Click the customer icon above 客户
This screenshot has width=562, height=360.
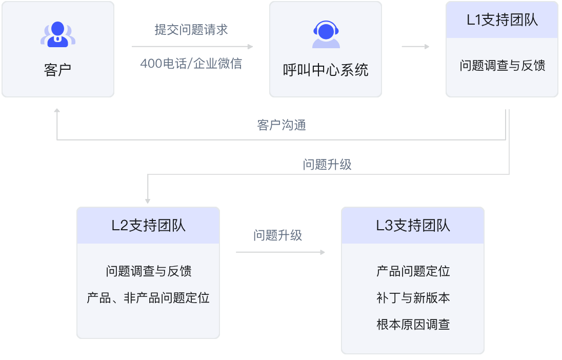57,34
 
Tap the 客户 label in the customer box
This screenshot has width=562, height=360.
57,69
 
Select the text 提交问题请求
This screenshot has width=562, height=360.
191,30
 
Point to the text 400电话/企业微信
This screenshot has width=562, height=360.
191,64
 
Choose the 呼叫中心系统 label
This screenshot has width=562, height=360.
326,69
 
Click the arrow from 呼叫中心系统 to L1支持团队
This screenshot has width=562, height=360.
415,47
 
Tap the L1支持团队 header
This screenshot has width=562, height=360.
502,21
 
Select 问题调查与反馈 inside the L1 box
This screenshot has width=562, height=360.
502,66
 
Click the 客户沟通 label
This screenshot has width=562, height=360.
282,125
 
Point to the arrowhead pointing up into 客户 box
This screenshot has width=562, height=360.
57,111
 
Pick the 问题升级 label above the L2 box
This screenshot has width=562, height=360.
328,165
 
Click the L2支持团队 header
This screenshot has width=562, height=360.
148,226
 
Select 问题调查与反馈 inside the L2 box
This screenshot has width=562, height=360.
149,271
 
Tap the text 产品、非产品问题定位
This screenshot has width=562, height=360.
148,297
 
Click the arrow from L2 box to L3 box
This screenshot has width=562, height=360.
280,252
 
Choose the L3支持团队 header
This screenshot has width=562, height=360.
413,226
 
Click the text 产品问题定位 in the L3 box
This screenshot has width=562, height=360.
413,271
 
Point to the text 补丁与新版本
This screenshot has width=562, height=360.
413,297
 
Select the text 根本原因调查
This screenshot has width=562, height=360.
413,324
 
